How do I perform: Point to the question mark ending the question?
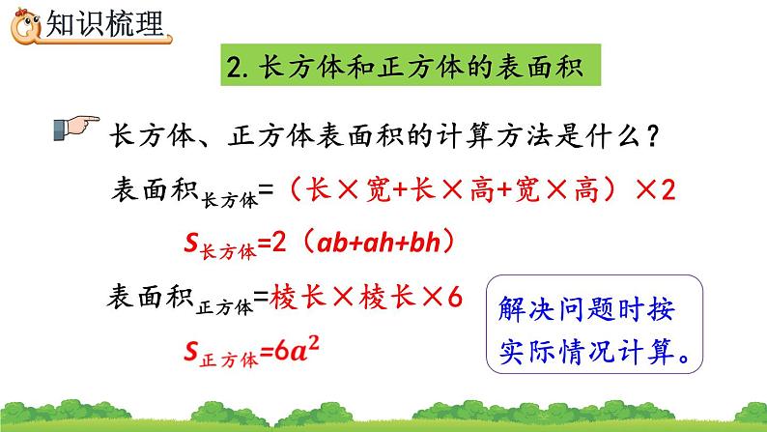653,135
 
